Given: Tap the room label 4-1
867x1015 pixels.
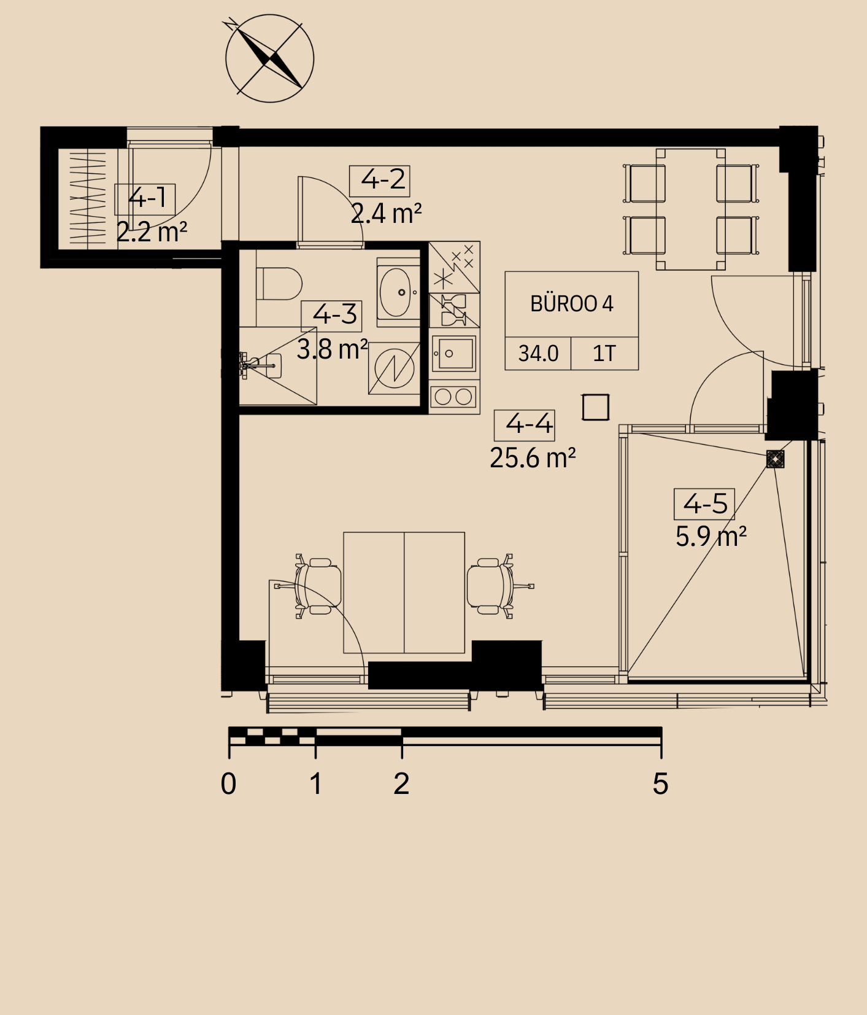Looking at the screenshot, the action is pos(145,199).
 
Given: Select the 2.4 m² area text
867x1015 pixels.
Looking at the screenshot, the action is pos(386,214).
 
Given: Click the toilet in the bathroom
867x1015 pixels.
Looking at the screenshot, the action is pos(279,283).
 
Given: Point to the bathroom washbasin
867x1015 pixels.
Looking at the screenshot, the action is pos(398,292).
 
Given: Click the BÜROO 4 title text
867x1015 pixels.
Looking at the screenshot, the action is pos(572,304).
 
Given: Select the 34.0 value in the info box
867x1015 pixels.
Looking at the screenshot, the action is pos(538,354).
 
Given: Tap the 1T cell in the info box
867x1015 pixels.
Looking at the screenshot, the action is pos(604,354).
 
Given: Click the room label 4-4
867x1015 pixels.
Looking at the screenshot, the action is pos(525,425).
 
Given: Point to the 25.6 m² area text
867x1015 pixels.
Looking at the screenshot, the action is pos(533,458).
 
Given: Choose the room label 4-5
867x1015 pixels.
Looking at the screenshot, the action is pos(704,504).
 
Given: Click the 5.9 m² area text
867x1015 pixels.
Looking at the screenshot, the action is pos(711,537).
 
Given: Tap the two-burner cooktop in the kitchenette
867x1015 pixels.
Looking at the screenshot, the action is pos(454,397).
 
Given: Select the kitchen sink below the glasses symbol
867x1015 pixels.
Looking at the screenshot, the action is pos(454,353).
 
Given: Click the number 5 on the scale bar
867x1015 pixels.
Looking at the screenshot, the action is pos(660,784).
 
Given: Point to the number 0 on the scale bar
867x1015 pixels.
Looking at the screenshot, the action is pos(228,784).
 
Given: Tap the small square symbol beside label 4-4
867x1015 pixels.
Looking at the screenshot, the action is pos(595,407).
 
